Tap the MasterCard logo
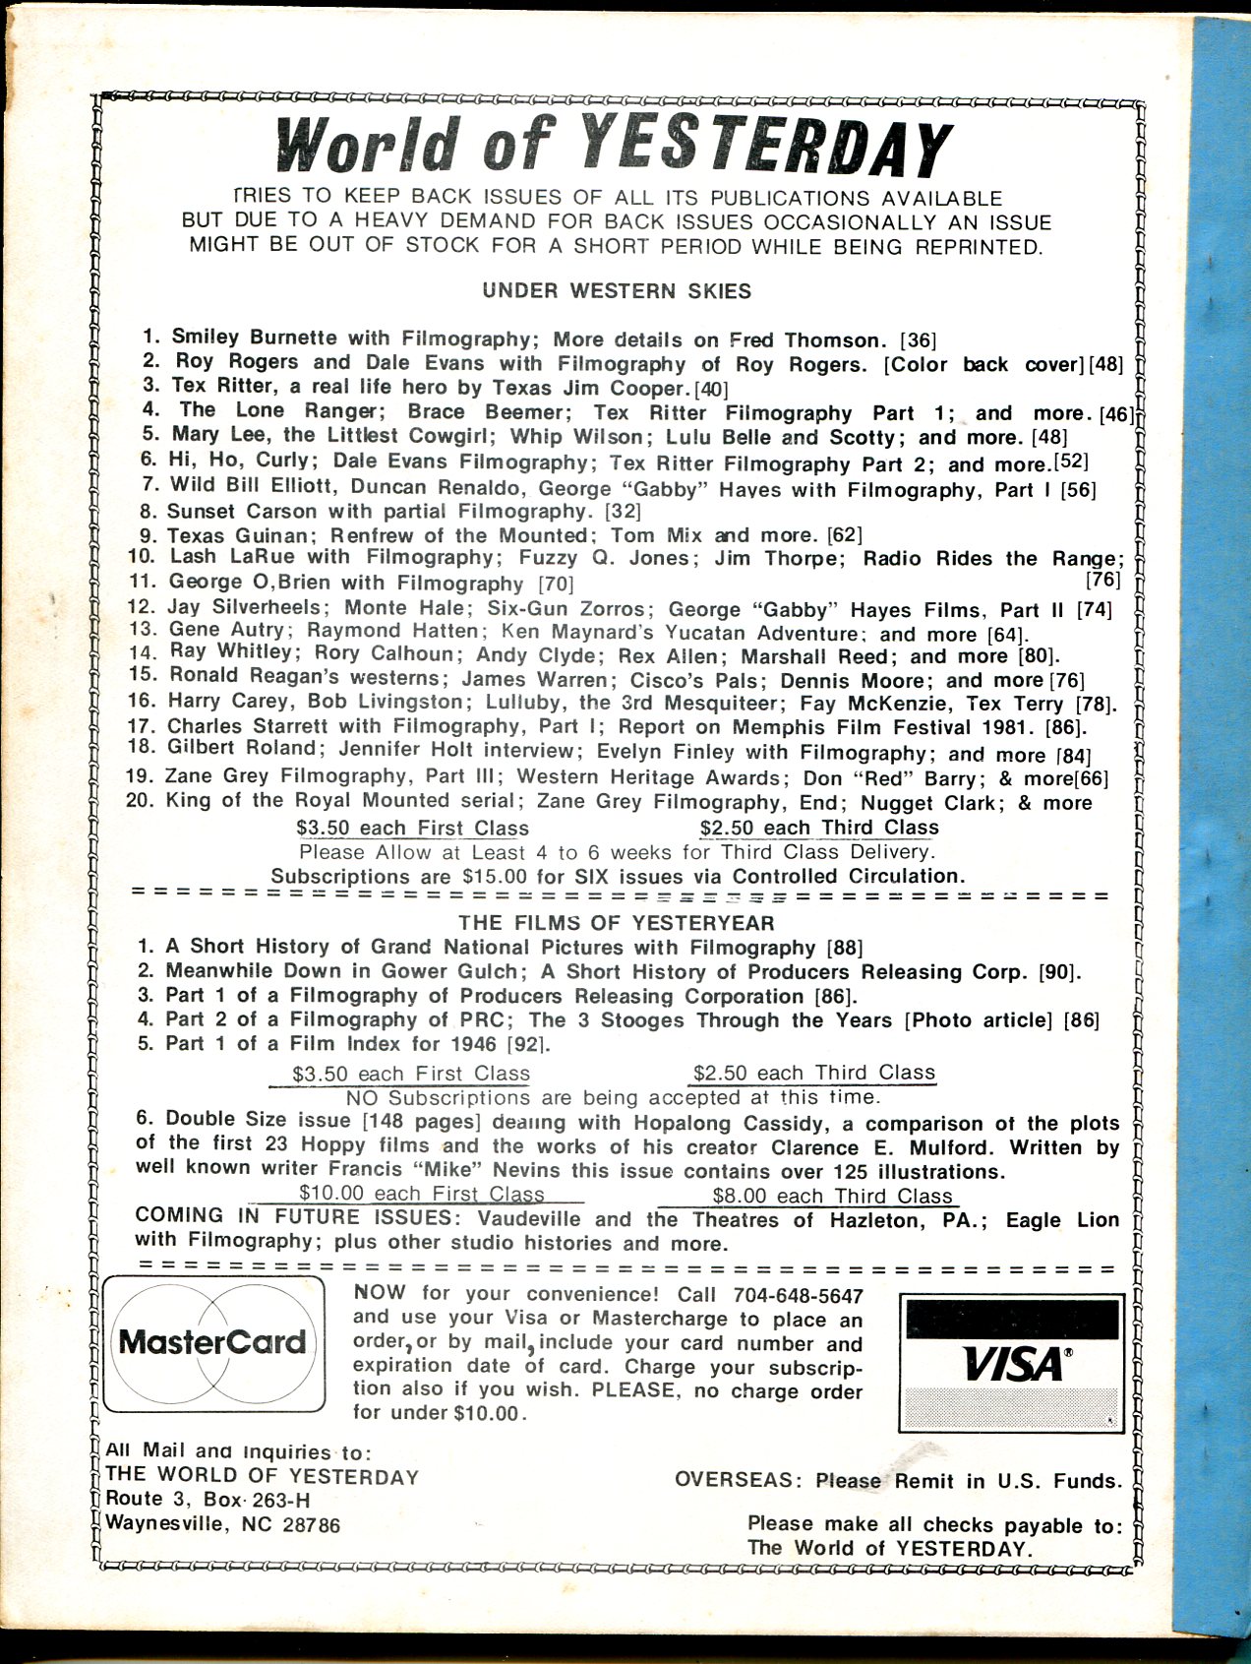pos(212,1342)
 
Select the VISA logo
pos(1013,1362)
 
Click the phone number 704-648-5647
pos(798,1295)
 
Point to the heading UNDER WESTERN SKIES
pos(617,291)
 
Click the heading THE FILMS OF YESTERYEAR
pos(617,923)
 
